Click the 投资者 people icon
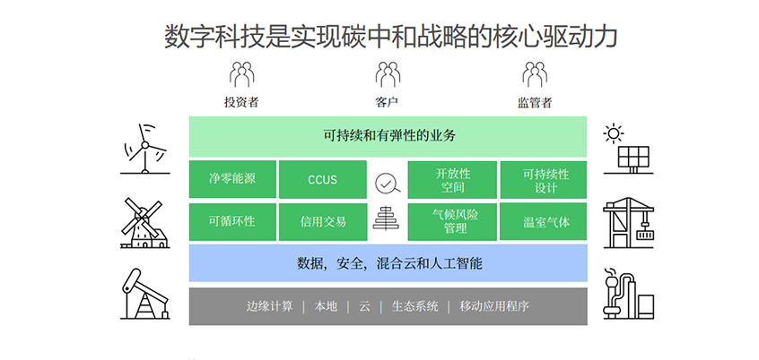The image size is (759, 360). [x=241, y=74]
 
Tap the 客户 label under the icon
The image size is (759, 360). [x=387, y=102]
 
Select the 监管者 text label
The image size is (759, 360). [x=535, y=102]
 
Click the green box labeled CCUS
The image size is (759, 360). [x=322, y=180]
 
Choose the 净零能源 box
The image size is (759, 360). [x=232, y=179]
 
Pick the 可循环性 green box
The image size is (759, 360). [x=232, y=222]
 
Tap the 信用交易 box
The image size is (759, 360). [x=322, y=222]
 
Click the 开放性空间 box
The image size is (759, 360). [x=452, y=180]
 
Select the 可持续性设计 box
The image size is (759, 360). [x=543, y=180]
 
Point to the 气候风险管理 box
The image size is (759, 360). [x=452, y=222]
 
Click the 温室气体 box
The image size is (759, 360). [x=543, y=222]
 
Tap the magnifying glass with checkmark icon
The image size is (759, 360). [x=388, y=184]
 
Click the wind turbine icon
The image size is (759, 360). [x=144, y=149]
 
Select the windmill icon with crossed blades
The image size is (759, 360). [x=144, y=223]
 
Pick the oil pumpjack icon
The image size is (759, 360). [x=144, y=294]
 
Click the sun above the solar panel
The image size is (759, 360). [x=614, y=133]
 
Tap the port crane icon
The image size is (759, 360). [x=628, y=223]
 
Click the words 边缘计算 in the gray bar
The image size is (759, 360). [x=270, y=306]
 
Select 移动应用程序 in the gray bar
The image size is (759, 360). [x=494, y=306]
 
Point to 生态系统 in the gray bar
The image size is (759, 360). [x=414, y=306]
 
